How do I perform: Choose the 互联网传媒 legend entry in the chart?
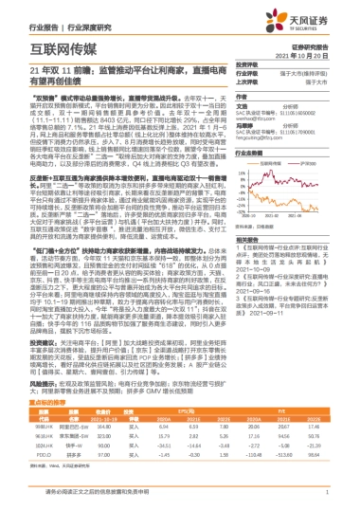point(275,163)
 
